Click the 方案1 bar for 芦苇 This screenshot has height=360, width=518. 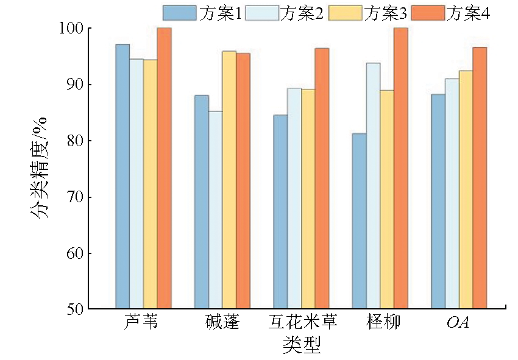122,177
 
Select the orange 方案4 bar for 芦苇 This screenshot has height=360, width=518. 164,168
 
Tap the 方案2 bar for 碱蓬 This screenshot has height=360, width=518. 215,210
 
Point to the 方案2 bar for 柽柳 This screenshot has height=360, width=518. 374,186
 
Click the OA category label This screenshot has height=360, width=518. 459,321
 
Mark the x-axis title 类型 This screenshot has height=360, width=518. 302,345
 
